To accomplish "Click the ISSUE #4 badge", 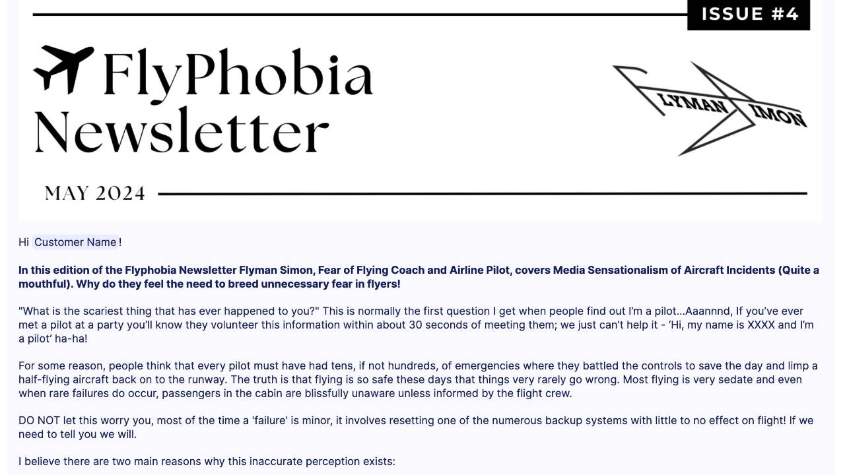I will coord(749,14).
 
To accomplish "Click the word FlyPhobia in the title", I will coord(238,73).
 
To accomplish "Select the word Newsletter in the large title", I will coord(181,130).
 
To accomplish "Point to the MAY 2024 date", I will coord(94,193).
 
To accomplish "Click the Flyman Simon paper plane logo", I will coord(710,109).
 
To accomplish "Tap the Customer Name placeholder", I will coord(75,242).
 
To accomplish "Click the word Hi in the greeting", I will coord(24,242).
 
